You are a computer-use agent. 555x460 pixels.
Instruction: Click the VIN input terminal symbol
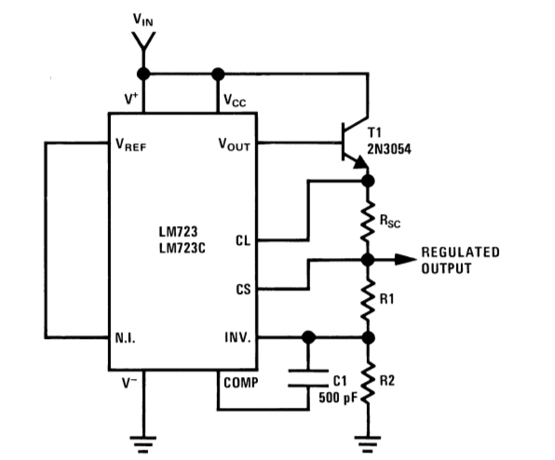143,41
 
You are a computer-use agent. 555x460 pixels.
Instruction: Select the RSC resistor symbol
368,222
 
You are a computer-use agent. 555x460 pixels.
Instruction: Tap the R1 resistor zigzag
368,299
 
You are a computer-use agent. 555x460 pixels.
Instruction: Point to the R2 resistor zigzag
368,382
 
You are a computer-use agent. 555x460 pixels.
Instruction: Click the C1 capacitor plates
308,378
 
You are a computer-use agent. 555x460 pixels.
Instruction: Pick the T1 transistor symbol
355,142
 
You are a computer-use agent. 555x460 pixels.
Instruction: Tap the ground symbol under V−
143,445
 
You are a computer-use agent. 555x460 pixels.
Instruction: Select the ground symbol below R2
368,445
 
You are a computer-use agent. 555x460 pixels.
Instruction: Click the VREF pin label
130,144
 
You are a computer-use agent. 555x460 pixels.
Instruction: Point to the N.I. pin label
126,338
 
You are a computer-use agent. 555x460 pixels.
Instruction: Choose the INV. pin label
237,338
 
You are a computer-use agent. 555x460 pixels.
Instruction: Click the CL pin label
243,241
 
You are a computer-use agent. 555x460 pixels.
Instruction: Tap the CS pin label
243,290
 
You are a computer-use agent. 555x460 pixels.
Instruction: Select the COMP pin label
240,383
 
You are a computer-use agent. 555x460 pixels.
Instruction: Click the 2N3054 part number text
389,149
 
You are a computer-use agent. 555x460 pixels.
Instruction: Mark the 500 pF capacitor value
338,398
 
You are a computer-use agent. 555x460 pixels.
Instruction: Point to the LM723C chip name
182,248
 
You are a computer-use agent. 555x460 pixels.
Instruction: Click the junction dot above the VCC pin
218,74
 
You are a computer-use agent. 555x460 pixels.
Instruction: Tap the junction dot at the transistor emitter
368,181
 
